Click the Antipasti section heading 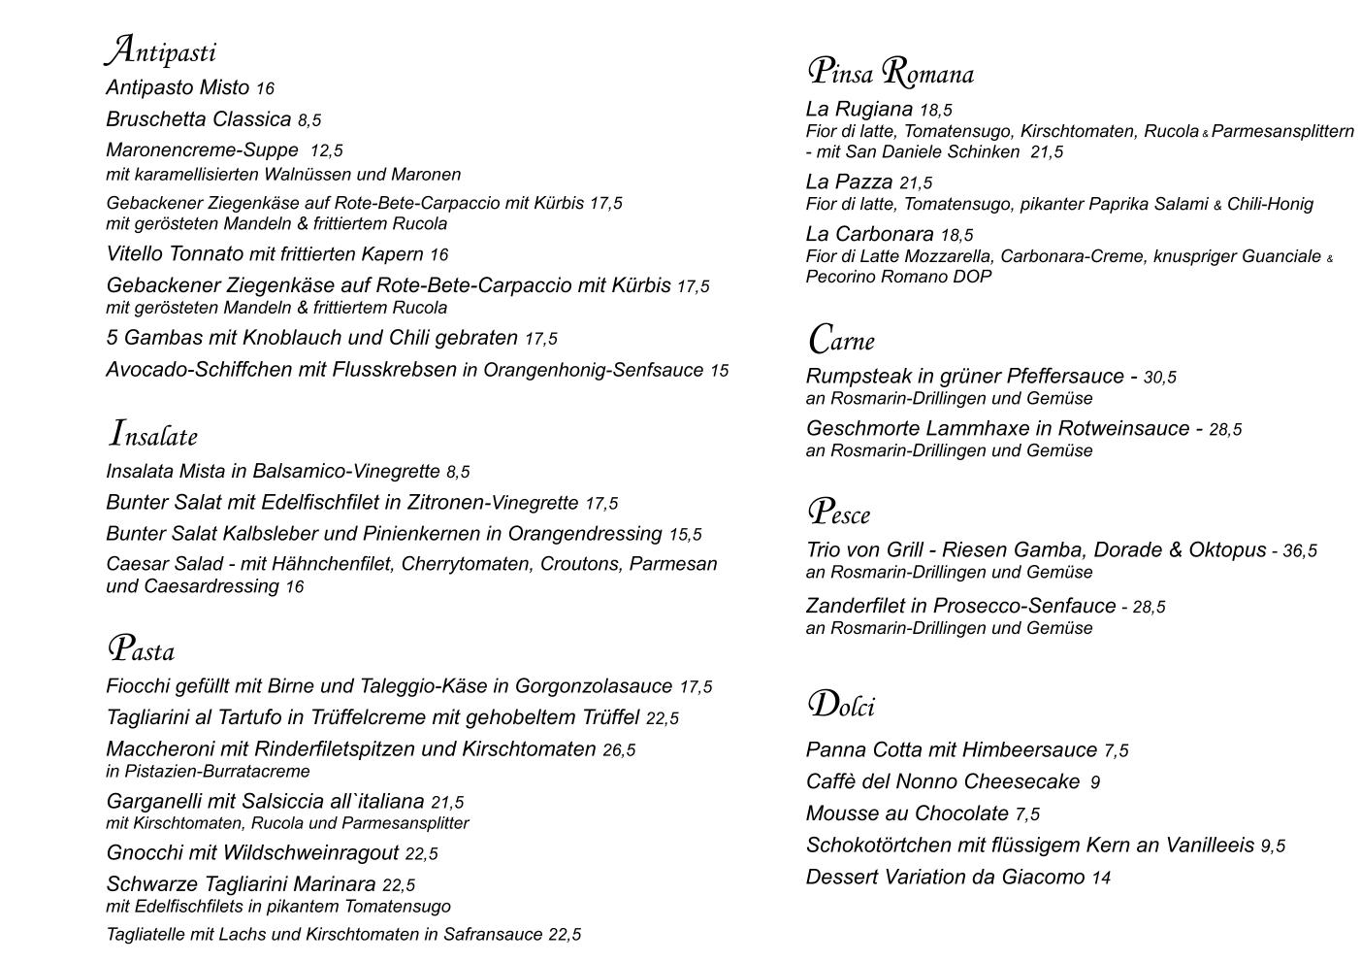click(x=160, y=50)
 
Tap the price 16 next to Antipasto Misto click(x=265, y=89)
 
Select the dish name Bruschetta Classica click(x=198, y=119)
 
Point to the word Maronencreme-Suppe click(x=202, y=150)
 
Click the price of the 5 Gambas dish click(x=541, y=339)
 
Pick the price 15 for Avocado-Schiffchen click(x=719, y=371)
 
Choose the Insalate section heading click(x=153, y=435)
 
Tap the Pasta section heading click(x=141, y=649)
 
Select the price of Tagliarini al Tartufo click(x=663, y=718)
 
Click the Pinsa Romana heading click(x=890, y=73)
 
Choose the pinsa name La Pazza click(x=849, y=182)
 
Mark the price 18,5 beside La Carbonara click(x=956, y=235)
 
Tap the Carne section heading click(x=841, y=340)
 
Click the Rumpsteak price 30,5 click(x=1159, y=378)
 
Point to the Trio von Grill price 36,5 click(x=1300, y=551)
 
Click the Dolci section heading click(x=841, y=705)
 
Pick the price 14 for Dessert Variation click(x=1101, y=879)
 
